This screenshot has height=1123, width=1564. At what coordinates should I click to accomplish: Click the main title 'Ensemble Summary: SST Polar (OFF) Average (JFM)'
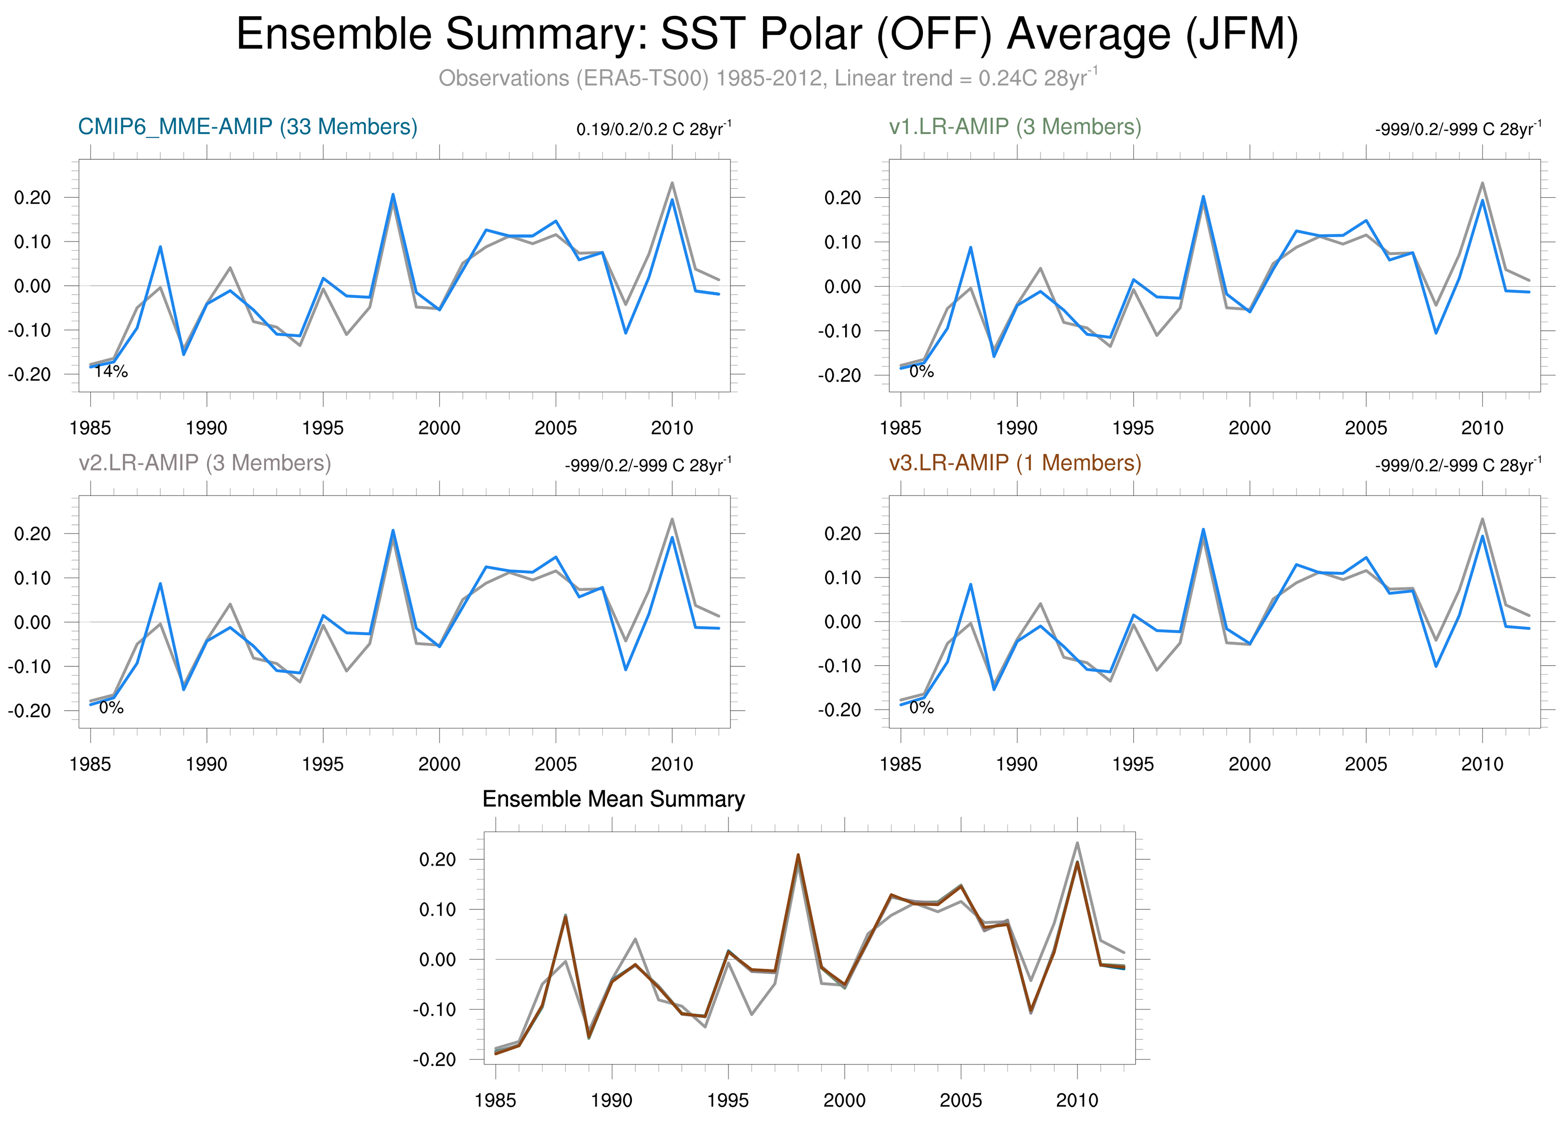click(767, 35)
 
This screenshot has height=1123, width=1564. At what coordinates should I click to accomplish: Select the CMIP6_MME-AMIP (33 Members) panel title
click(248, 127)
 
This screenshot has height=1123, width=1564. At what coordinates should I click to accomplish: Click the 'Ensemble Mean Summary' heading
click(613, 799)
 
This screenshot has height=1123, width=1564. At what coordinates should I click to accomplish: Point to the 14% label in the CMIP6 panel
click(111, 372)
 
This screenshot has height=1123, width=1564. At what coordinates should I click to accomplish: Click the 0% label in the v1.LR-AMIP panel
click(921, 372)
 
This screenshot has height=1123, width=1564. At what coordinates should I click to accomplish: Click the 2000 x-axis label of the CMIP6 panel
click(439, 428)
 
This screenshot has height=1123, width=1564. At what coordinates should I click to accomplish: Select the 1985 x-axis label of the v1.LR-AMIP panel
click(900, 428)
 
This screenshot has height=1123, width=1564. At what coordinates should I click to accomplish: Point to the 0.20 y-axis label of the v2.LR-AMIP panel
click(32, 533)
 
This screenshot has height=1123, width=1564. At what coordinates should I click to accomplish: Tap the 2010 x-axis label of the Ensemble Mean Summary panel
click(1077, 1100)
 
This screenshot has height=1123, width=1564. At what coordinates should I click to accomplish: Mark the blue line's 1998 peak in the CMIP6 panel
click(393, 194)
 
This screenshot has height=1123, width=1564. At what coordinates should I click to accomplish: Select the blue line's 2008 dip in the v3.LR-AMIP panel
click(1436, 666)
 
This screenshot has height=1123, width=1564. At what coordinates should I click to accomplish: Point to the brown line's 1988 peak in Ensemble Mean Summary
click(566, 916)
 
